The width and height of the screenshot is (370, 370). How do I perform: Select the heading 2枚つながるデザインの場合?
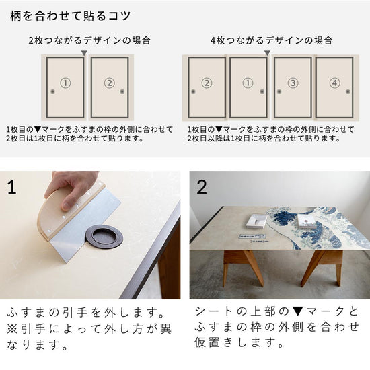89,40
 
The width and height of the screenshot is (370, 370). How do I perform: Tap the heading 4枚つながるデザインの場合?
271,40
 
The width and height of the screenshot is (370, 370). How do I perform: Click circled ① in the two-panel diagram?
65,83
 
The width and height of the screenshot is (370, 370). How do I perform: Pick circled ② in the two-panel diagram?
110,83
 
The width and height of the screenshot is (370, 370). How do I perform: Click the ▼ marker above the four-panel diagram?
267,52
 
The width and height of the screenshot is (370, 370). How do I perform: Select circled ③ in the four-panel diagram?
292,83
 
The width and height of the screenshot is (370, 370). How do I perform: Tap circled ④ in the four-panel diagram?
335,83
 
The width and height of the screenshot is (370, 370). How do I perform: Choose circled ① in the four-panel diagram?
247,83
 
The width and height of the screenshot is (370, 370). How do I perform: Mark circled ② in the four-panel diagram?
207,83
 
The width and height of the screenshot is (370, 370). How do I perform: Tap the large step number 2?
202,186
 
